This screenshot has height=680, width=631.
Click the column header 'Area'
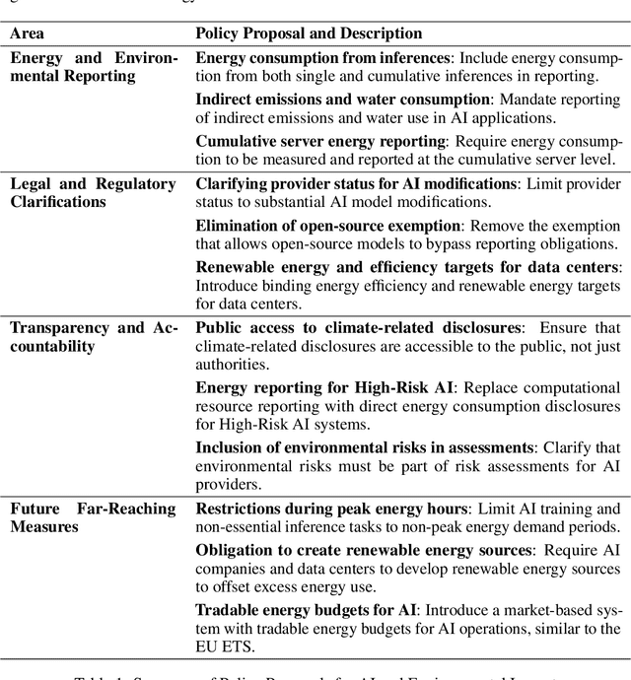[x=27, y=34]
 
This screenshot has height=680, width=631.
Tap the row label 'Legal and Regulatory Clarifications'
[x=93, y=193]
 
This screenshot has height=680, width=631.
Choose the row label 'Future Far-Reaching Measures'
[x=93, y=518]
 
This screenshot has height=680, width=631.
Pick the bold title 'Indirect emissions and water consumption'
[x=342, y=101]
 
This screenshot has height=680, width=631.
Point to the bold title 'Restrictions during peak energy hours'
[x=330, y=510]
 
